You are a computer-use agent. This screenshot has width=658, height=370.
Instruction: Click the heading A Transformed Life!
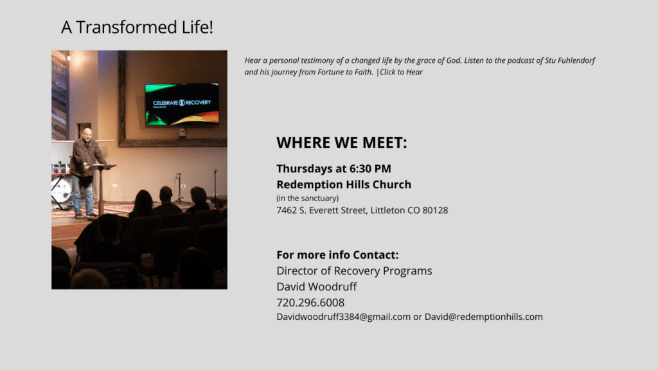pos(137,27)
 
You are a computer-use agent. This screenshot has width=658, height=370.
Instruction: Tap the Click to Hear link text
pos(401,72)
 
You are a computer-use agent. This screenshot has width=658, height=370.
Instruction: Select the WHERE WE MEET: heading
pos(342,143)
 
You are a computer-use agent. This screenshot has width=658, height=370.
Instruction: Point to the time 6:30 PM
pos(370,169)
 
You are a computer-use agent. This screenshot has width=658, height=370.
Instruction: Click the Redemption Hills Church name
pos(344,184)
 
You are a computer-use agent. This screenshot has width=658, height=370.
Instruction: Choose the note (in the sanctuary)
pos(308,198)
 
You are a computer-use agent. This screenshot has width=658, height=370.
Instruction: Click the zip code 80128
pos(435,210)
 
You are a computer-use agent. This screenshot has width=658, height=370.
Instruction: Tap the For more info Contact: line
pos(337,254)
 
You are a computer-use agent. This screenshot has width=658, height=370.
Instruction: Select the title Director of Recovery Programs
pos(354,271)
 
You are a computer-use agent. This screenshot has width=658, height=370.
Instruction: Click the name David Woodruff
pos(316,286)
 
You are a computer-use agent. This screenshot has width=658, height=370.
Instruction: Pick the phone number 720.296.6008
pos(310,303)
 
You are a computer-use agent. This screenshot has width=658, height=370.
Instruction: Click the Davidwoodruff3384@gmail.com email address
pos(343,317)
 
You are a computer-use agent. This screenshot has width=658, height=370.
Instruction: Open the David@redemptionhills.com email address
pos(483,317)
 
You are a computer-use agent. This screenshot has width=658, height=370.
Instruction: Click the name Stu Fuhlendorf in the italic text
pos(570,60)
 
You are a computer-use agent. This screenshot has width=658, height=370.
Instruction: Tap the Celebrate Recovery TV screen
pos(182,104)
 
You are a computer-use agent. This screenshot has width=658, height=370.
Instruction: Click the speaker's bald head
pos(87,134)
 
